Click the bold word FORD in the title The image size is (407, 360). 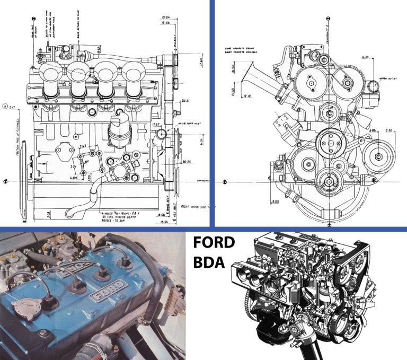click(x=214, y=243)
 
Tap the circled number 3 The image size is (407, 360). click(x=5, y=105)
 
